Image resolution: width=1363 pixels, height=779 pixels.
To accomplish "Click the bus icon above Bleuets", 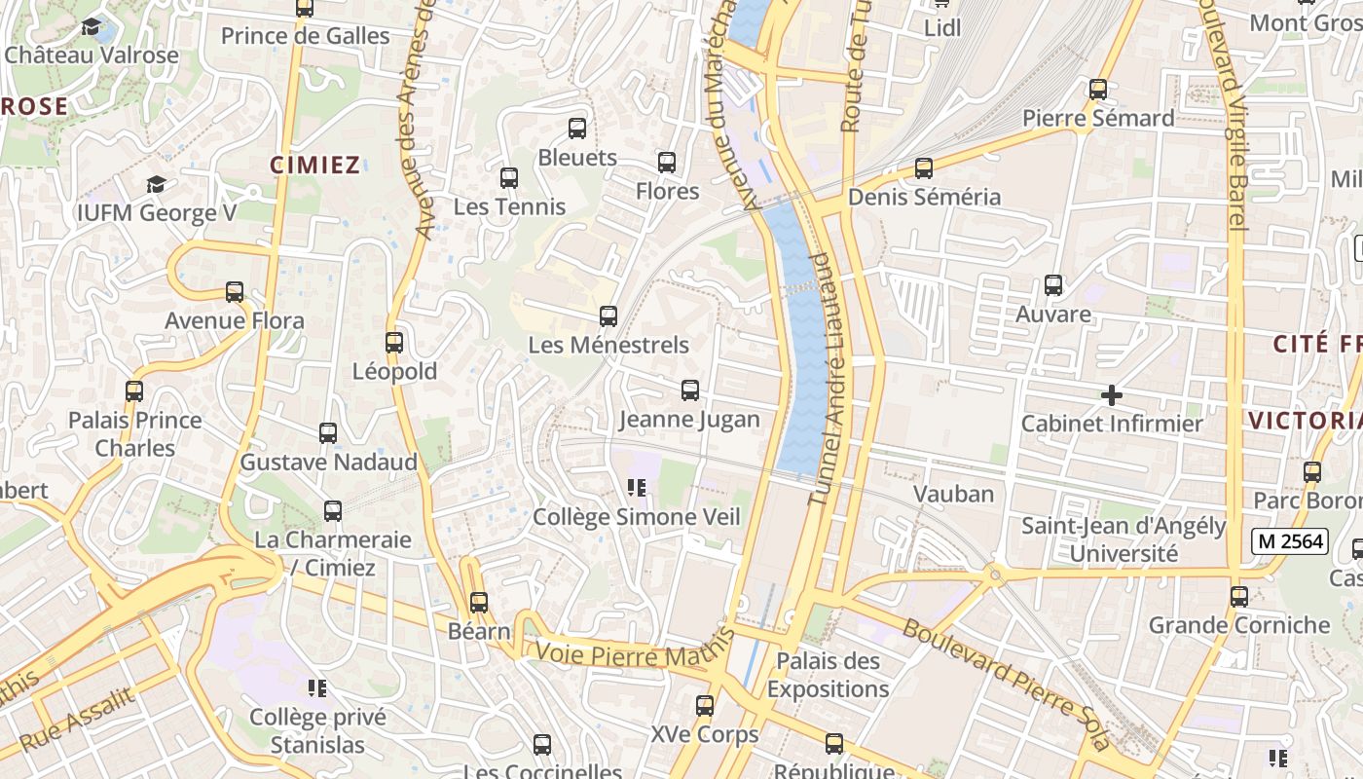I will (577, 129).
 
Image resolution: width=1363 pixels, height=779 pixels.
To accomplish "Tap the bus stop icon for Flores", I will (667, 163).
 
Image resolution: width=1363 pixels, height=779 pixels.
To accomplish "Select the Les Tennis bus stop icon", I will (509, 178).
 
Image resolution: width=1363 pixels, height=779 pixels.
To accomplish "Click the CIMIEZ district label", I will (315, 166).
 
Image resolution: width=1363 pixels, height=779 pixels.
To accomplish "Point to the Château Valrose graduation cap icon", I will (92, 26).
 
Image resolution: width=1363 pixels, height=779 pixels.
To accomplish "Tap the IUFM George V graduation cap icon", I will (156, 184).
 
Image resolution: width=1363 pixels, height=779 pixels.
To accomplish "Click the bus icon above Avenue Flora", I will (235, 292).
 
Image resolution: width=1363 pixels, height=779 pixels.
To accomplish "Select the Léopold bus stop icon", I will (394, 343).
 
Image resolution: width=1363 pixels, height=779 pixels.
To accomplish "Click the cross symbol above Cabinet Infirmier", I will (1111, 395).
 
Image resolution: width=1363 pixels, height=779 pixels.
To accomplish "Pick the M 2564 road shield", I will (1290, 540).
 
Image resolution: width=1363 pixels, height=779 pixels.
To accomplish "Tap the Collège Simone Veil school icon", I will (638, 488).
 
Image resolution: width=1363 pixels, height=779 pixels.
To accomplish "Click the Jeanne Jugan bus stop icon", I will (690, 390).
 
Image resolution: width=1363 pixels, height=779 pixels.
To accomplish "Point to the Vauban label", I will (954, 494).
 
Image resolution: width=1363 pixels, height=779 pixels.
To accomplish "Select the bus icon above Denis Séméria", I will (924, 168).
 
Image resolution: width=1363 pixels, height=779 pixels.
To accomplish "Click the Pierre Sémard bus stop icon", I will (1098, 90).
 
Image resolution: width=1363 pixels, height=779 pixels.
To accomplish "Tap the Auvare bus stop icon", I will (1053, 285).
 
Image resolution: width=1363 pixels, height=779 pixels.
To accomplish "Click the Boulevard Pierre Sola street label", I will (1006, 683).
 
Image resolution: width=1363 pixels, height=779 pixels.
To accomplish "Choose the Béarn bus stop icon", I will (479, 603).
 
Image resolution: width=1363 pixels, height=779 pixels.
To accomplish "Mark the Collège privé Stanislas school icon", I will (317, 689).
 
